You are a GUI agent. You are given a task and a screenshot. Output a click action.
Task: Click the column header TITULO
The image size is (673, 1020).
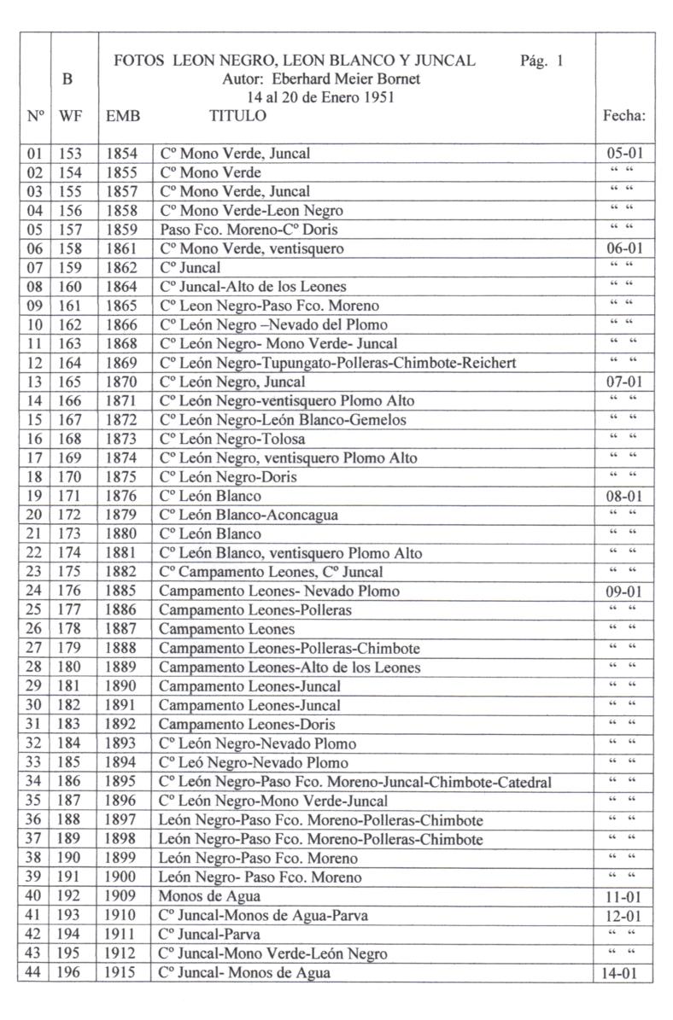click(237, 115)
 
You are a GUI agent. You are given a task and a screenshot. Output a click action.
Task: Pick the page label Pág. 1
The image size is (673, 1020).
click(541, 61)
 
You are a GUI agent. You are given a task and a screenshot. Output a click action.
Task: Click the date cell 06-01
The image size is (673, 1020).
click(624, 248)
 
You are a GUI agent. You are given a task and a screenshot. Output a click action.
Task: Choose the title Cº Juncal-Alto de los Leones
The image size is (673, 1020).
click(252, 287)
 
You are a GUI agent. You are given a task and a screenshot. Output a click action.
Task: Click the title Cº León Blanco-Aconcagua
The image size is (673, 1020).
click(248, 515)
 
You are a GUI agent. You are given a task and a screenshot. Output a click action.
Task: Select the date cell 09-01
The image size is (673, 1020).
click(624, 591)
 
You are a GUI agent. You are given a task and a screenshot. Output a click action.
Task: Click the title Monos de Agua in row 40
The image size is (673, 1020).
click(209, 897)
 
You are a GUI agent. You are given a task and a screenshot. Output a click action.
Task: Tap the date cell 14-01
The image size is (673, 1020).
click(624, 973)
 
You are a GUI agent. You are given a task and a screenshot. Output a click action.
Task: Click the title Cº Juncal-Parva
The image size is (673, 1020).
click(209, 935)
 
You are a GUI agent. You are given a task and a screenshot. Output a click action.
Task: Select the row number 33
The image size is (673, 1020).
click(33, 763)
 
